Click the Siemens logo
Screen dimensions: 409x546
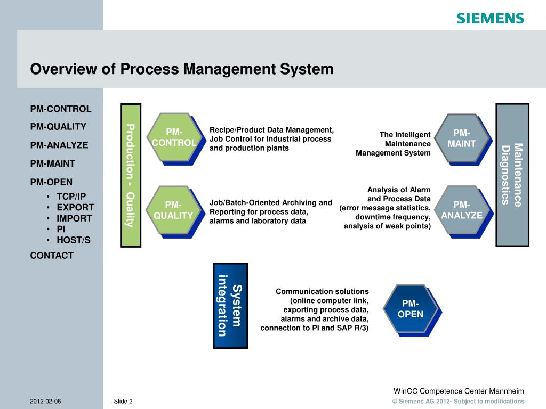[x=490, y=18]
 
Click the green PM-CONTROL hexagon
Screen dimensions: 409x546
[x=173, y=137]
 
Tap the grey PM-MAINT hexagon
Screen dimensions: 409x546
[x=461, y=138]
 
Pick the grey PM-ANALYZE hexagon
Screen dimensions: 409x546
[x=461, y=210]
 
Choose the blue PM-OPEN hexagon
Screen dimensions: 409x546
[x=410, y=309]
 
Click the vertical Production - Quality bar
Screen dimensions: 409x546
[x=130, y=175]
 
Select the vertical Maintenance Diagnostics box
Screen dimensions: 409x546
[x=512, y=175]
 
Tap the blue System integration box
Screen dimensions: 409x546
[x=230, y=305]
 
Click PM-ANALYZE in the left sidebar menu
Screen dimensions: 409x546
[x=59, y=145]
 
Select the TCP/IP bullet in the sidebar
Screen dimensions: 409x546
[x=71, y=196]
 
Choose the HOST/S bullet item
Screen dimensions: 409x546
[x=74, y=240]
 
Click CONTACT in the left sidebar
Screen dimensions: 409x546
[x=52, y=256]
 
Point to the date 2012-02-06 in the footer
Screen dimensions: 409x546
[x=45, y=401]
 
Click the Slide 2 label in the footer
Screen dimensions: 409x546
[x=123, y=401]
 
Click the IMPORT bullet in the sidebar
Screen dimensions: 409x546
[x=74, y=218]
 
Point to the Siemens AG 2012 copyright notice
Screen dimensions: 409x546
[x=458, y=402]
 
